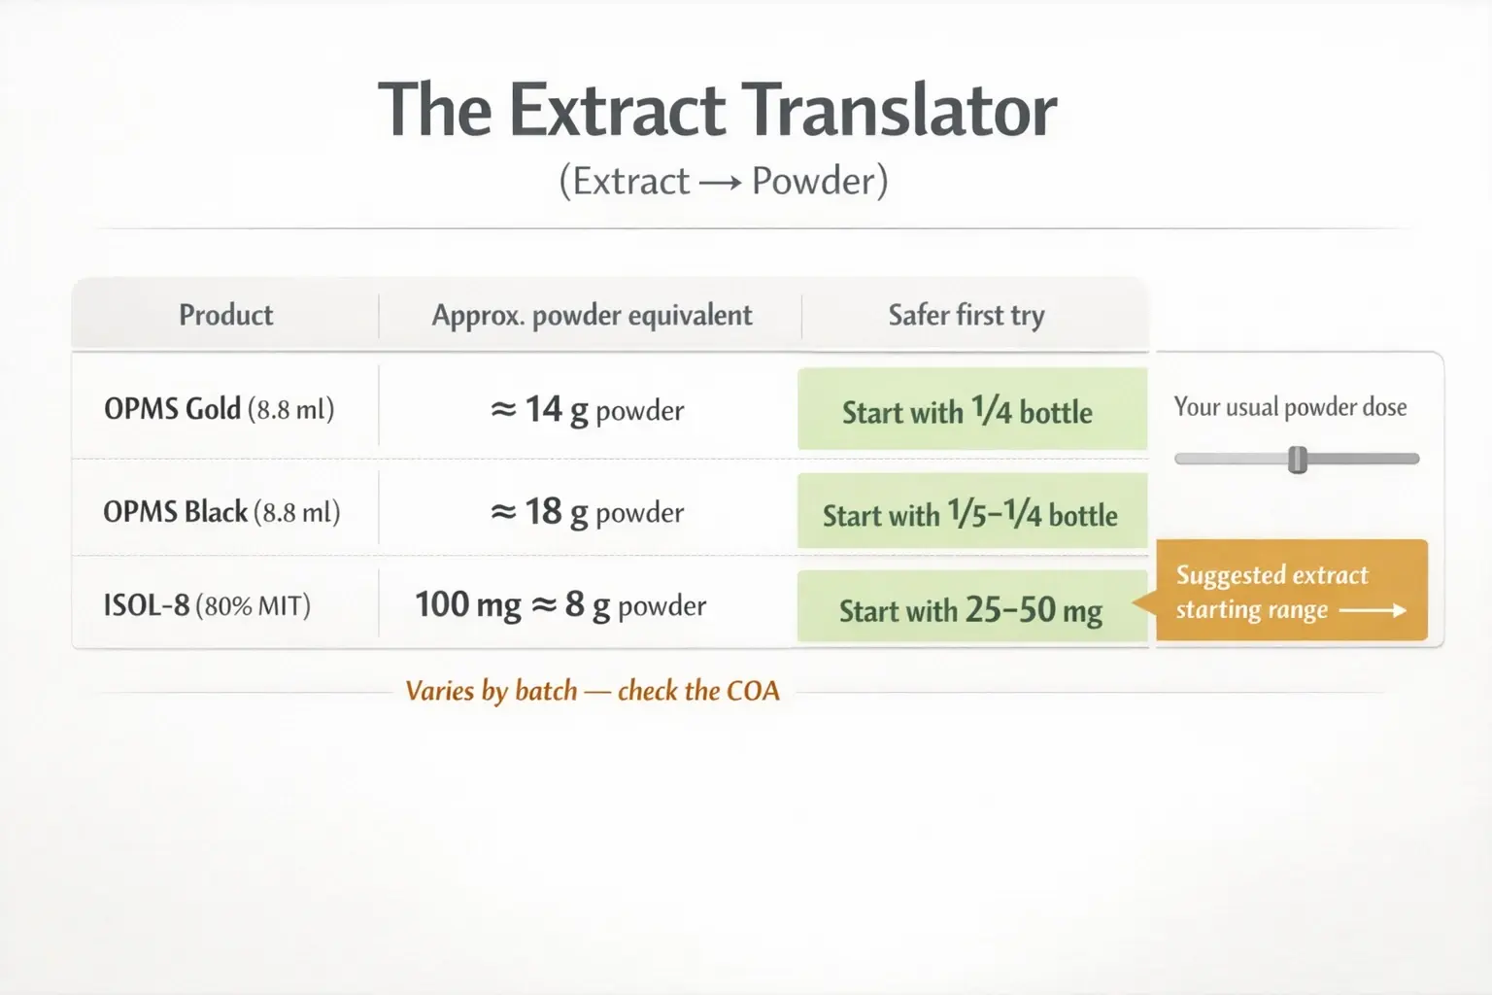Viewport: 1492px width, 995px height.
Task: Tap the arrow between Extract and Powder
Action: [720, 183]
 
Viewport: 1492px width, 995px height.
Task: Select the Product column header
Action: [225, 315]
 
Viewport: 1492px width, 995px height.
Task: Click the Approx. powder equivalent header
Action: [592, 315]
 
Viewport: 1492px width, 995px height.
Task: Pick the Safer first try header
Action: [966, 315]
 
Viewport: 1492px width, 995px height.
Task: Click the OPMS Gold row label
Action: [219, 409]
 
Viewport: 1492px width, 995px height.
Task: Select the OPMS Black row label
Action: [221, 512]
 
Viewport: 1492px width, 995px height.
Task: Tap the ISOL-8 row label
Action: [207, 605]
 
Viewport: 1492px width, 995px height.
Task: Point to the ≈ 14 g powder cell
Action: [588, 410]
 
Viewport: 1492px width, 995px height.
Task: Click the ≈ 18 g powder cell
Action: [588, 512]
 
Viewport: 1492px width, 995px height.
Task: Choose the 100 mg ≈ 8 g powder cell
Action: [560, 605]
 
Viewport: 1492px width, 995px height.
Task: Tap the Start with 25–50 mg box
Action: [971, 609]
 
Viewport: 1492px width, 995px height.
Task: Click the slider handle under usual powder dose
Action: [1297, 460]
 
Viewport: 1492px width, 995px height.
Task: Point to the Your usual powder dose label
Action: [1290, 407]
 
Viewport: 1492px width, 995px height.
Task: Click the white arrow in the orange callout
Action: [1373, 611]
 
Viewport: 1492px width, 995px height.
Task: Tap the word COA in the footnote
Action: [753, 691]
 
